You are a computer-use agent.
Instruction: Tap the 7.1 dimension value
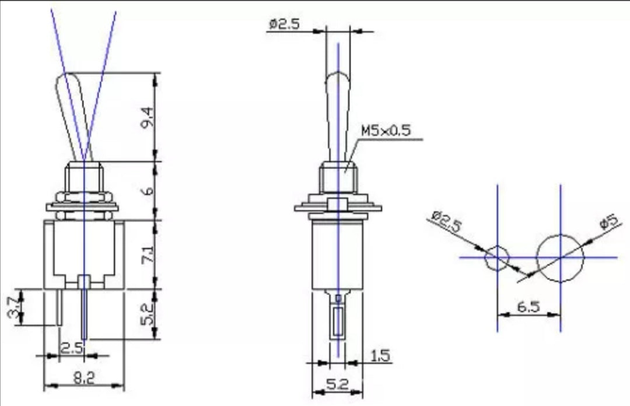pyautogui.click(x=148, y=256)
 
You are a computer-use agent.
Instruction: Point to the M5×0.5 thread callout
pyautogui.click(x=385, y=130)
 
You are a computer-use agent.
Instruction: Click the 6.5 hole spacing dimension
pyautogui.click(x=528, y=307)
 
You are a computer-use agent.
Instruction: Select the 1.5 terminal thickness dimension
pyautogui.click(x=380, y=355)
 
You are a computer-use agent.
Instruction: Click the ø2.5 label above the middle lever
pyautogui.click(x=285, y=24)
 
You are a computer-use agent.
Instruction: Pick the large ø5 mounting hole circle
pyautogui.click(x=560, y=258)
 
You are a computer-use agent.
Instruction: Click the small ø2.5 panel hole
pyautogui.click(x=498, y=257)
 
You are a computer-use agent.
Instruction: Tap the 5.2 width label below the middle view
pyautogui.click(x=338, y=385)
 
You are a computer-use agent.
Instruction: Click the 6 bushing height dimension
pyautogui.click(x=148, y=191)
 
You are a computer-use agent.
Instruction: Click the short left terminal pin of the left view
pyautogui.click(x=60, y=307)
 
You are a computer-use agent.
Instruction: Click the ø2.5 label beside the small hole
pyautogui.click(x=446, y=223)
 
